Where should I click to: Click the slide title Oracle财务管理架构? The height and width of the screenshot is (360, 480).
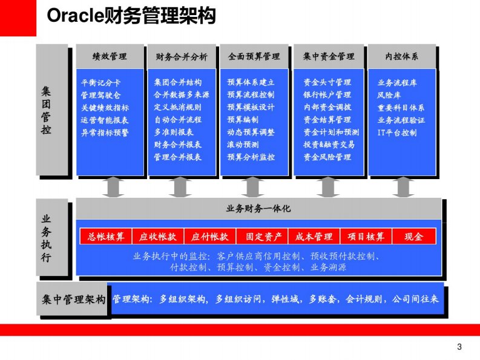(131, 16)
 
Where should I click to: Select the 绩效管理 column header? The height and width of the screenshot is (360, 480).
(110, 57)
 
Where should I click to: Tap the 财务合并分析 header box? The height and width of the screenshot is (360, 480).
(182, 57)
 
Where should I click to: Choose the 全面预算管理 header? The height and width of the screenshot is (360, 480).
(254, 57)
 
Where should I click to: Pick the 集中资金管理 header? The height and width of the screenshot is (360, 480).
(329, 57)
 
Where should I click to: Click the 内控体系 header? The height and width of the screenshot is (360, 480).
(402, 57)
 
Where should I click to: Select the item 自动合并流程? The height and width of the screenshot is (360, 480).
(177, 120)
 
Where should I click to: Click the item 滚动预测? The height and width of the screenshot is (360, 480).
(243, 145)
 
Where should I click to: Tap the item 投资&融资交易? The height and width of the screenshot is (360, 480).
(329, 145)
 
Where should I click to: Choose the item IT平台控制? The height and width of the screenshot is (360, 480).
(396, 133)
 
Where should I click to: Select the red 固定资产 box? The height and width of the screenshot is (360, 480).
(263, 237)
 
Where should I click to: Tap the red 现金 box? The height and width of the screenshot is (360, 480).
(414, 237)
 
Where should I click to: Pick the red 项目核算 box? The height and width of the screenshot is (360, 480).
(366, 237)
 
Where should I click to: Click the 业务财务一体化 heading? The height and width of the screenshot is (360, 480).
(258, 208)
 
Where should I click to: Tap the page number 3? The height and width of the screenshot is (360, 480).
(459, 347)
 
